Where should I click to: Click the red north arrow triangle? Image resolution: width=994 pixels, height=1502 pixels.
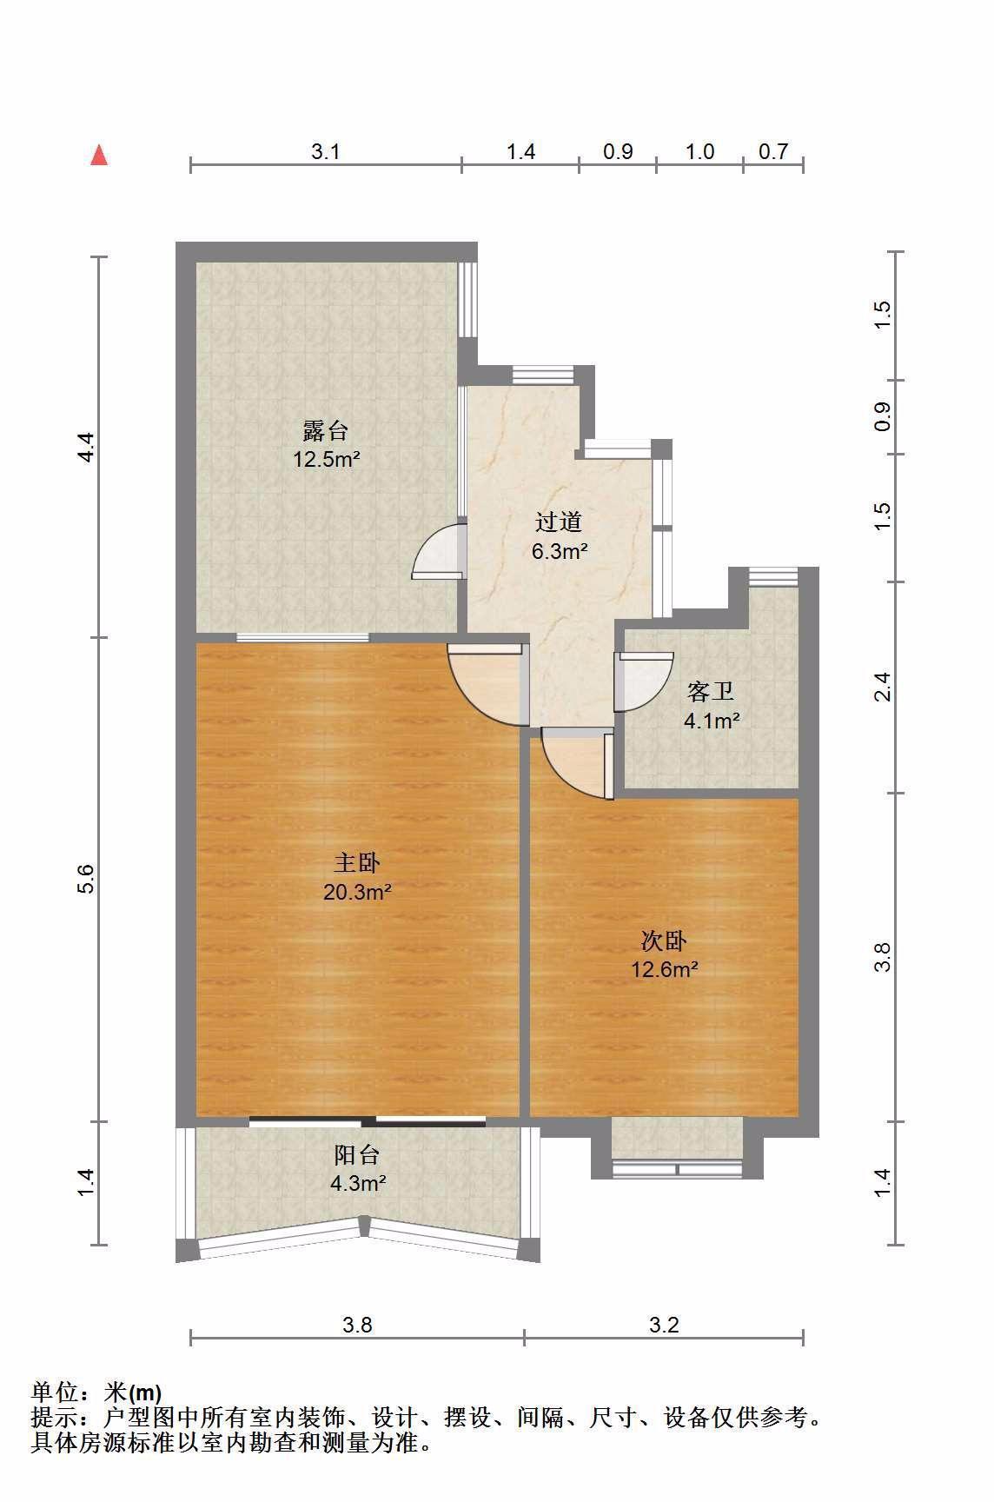[99, 155]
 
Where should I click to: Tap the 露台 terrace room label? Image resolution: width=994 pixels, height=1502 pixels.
[326, 431]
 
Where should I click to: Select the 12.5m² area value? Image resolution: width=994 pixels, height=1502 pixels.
[326, 459]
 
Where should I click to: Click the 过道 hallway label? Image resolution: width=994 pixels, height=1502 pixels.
[559, 522]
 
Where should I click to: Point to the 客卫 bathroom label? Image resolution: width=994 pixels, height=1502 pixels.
[711, 692]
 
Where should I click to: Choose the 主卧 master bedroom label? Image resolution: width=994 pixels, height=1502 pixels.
[357, 863]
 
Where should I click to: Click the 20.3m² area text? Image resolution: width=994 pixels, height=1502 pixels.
[357, 891]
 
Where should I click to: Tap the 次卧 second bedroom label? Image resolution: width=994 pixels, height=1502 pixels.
[665, 940]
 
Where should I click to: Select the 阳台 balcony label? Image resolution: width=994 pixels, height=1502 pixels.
[357, 1155]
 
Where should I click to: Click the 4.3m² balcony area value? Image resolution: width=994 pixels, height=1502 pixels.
[357, 1183]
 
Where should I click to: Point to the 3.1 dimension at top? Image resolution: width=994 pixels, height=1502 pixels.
[325, 152]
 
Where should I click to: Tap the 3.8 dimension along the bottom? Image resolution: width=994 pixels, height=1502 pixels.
[357, 1325]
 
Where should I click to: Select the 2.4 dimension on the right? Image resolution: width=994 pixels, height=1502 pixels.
[883, 687]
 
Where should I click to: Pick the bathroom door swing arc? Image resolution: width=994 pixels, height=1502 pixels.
[644, 682]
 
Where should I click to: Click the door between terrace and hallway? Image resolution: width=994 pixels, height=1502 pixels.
[439, 551]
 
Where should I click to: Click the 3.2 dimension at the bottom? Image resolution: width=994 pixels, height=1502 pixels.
[664, 1325]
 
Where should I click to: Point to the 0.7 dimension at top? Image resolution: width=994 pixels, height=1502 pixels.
[773, 152]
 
